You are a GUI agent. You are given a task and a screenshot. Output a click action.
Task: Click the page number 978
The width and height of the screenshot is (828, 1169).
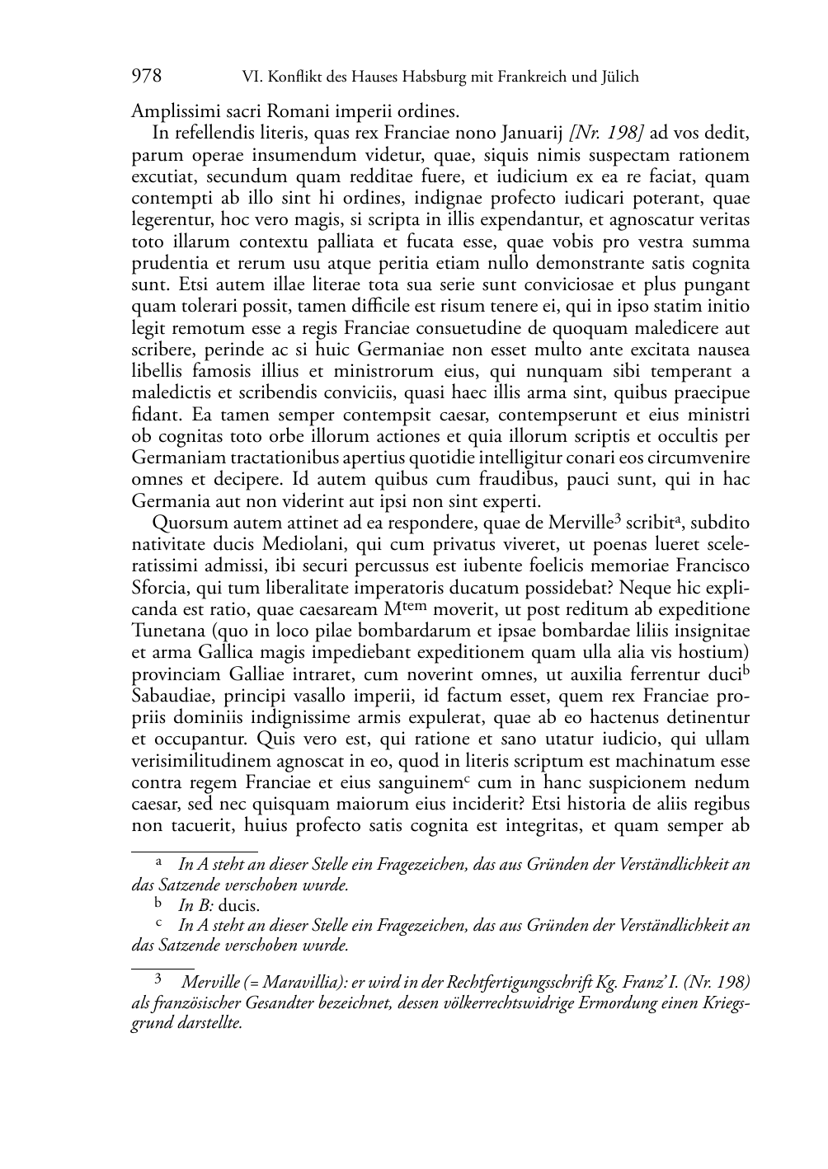pyautogui.click(x=146, y=77)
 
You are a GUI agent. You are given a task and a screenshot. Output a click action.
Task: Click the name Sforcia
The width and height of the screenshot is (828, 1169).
pyautogui.click(x=162, y=588)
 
